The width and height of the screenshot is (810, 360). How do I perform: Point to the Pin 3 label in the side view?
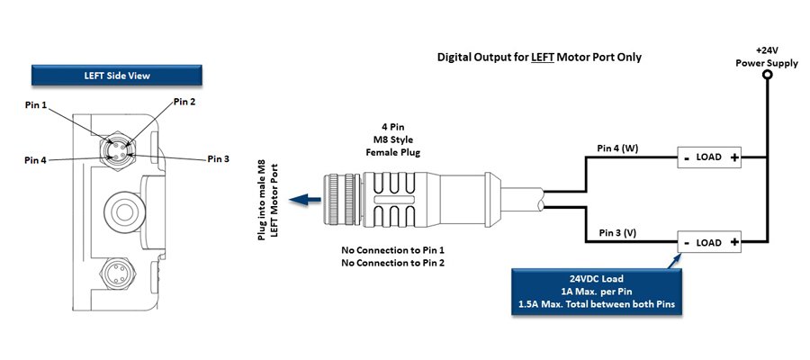pos(219,159)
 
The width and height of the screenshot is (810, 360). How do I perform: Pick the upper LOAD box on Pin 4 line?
pos(709,157)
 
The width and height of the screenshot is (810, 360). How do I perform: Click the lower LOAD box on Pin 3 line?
pos(709,243)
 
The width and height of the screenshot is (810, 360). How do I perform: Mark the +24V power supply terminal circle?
pos(766,76)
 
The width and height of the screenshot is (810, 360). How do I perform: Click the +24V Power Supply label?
pos(766,58)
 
